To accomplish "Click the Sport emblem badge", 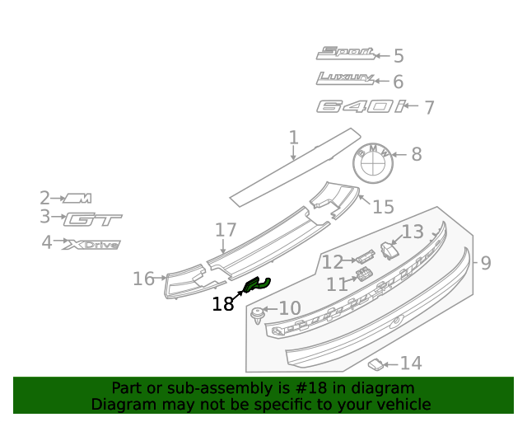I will (346, 54).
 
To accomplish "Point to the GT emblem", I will (93, 219).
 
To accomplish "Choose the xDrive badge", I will (92, 244).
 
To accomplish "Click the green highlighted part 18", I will (257, 285).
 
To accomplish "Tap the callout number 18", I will (222, 304).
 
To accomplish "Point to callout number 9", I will (486, 263).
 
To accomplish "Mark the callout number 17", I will (226, 231).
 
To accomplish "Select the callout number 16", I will (143, 279).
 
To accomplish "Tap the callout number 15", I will (384, 206).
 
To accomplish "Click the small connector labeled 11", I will (363, 275).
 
